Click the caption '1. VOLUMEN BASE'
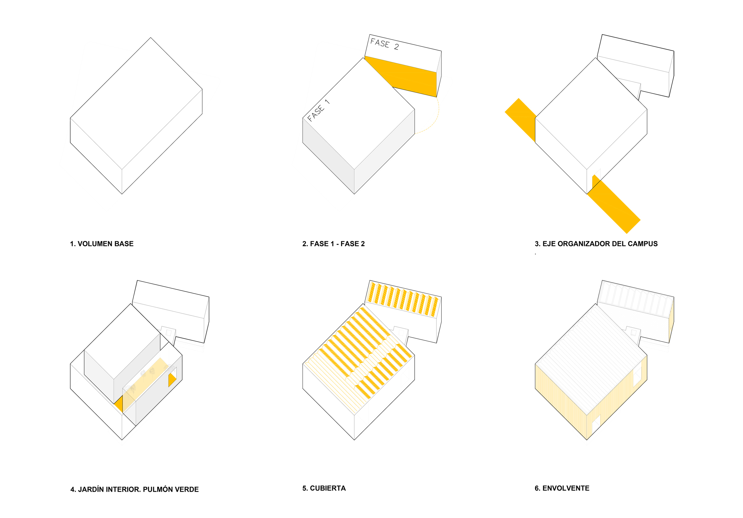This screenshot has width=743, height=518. coord(102,244)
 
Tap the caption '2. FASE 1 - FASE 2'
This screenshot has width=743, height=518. coord(333,244)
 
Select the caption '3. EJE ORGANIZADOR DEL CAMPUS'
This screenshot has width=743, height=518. coord(596,244)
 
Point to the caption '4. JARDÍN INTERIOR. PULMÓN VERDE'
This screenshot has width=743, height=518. coord(135,490)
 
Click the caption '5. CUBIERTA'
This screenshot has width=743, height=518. coord(324,488)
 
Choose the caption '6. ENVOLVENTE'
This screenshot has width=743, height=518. coord(562,488)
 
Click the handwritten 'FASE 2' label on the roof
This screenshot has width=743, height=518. coord(385,44)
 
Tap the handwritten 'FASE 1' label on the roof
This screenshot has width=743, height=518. coord(318,110)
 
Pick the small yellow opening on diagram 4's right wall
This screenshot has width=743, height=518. coord(172,380)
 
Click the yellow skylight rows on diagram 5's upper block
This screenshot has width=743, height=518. coord(403,299)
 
